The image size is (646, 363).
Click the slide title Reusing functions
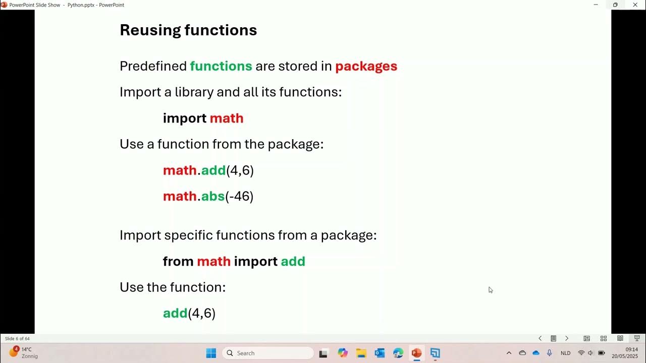point(188,30)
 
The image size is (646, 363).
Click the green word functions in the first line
point(221,66)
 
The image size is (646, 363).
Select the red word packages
point(366,66)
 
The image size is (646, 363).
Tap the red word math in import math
point(227,118)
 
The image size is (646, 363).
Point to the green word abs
point(212,196)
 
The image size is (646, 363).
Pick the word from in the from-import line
point(178,261)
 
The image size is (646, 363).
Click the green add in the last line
point(175,313)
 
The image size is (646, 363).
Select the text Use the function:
point(173,287)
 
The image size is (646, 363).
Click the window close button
point(635,5)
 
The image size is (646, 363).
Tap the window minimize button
point(596,5)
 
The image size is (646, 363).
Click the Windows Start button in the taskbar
point(211,353)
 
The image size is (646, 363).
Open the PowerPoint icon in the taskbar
point(416,353)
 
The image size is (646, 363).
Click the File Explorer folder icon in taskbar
point(361,353)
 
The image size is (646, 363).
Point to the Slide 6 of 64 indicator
point(17,339)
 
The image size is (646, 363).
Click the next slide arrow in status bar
point(566,339)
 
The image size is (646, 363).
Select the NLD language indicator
point(565,353)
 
